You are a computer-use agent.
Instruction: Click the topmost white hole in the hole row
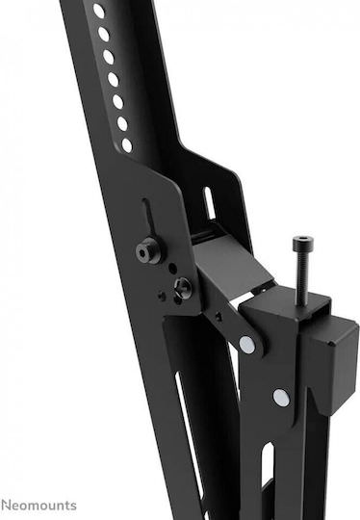[99, 11]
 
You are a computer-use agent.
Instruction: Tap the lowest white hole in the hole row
[127, 145]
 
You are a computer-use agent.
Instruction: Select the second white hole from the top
[103, 34]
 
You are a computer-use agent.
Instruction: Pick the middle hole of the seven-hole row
[113, 80]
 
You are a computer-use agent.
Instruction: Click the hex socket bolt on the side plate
[148, 250]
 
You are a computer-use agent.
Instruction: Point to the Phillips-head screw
[183, 287]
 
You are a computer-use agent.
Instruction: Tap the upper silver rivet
[247, 345]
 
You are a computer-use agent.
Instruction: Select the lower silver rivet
[281, 398]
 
